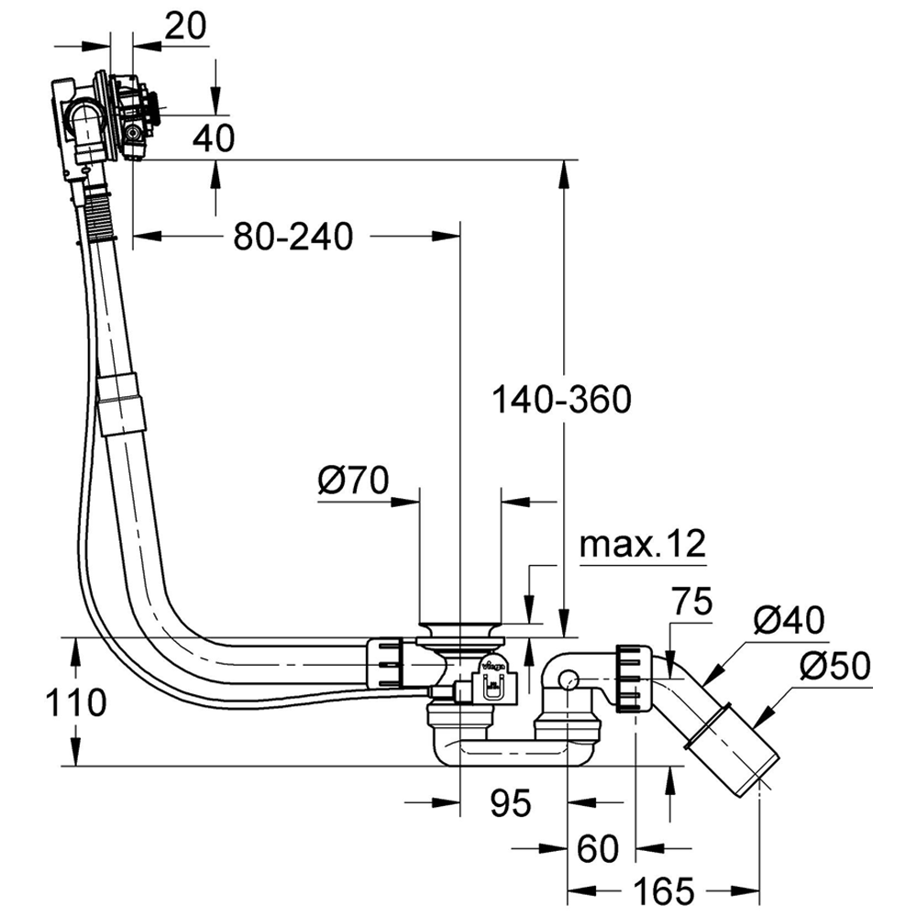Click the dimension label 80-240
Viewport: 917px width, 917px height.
tap(293, 238)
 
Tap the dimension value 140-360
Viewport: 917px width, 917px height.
tap(561, 400)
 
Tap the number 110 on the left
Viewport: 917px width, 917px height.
tap(76, 703)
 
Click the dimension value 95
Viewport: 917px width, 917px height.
tap(510, 804)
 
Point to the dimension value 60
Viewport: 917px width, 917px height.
tap(598, 847)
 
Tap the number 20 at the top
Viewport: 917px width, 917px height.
tap(185, 28)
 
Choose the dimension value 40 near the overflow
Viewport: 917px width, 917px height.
tap(214, 138)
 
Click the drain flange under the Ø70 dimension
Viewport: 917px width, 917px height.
tap(459, 631)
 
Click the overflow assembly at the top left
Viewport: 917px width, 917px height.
tap(105, 119)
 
